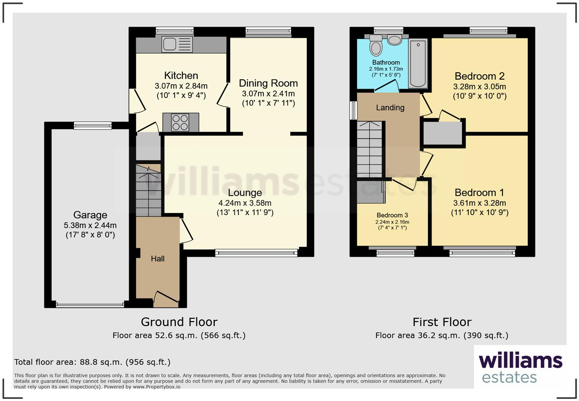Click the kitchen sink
click(x=177, y=44)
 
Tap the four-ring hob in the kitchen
click(x=180, y=122)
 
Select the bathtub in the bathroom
click(x=418, y=64)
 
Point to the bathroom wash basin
click(x=394, y=39)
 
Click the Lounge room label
click(x=245, y=192)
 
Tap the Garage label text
click(x=90, y=215)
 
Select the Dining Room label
click(x=268, y=83)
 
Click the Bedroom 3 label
click(x=392, y=215)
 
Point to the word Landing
click(x=390, y=108)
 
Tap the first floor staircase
click(x=370, y=149)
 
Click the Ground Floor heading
click(x=179, y=322)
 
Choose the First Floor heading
click(x=442, y=322)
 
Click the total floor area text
click(x=92, y=362)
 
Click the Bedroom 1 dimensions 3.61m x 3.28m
click(x=479, y=203)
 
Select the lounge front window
click(x=256, y=253)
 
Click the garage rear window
click(x=93, y=126)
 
